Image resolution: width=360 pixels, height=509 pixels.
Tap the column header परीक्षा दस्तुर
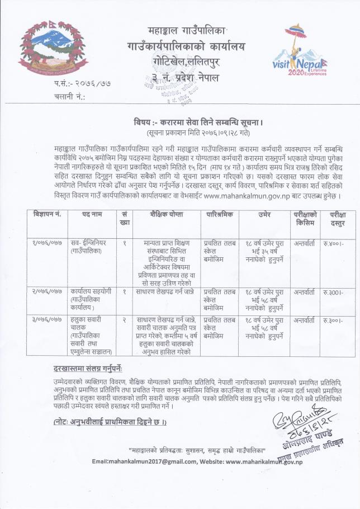(x=337, y=218)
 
